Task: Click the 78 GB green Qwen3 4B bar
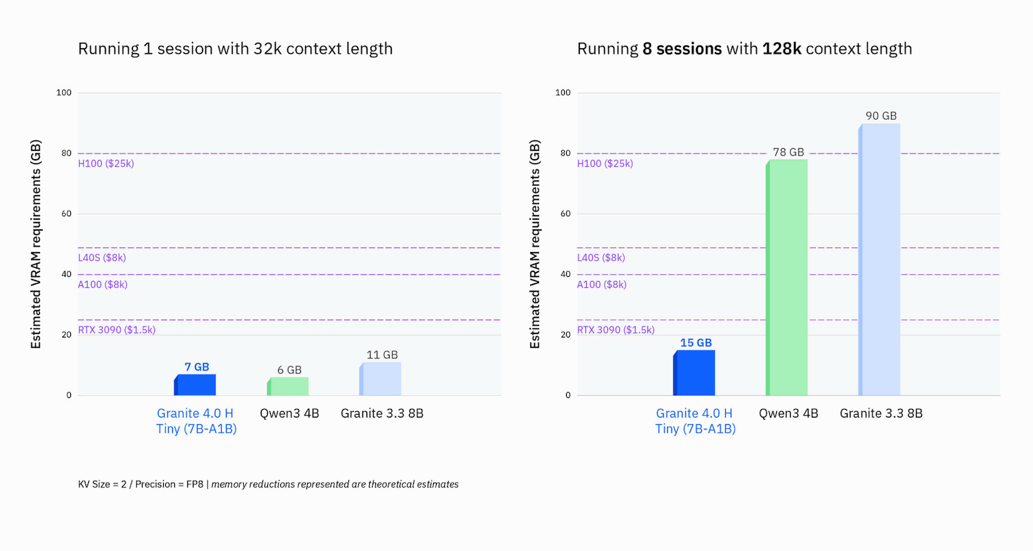[x=787, y=277]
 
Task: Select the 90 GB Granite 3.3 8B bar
[x=880, y=259]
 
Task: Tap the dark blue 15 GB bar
[x=694, y=373]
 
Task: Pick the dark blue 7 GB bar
[x=196, y=384]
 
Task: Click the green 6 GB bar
[x=289, y=386]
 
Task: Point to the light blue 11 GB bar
[x=381, y=379]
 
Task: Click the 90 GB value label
[x=881, y=116]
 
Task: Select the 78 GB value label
[x=788, y=152]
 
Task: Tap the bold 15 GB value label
[x=695, y=342]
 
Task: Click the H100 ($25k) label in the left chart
[x=105, y=164]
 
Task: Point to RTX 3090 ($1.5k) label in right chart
[x=615, y=330]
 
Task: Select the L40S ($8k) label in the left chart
[x=102, y=258]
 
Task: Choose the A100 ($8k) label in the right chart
[x=601, y=284]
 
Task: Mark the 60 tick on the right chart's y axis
[x=565, y=214]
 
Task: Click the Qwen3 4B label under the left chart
[x=289, y=414]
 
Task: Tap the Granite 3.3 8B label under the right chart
[x=881, y=414]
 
